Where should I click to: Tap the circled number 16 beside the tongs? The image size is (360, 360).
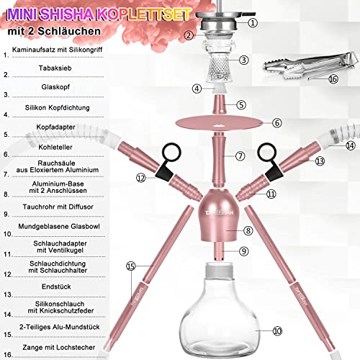[312, 79]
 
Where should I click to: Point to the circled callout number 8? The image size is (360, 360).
[247, 230]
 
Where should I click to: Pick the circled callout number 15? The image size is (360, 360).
[130, 267]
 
